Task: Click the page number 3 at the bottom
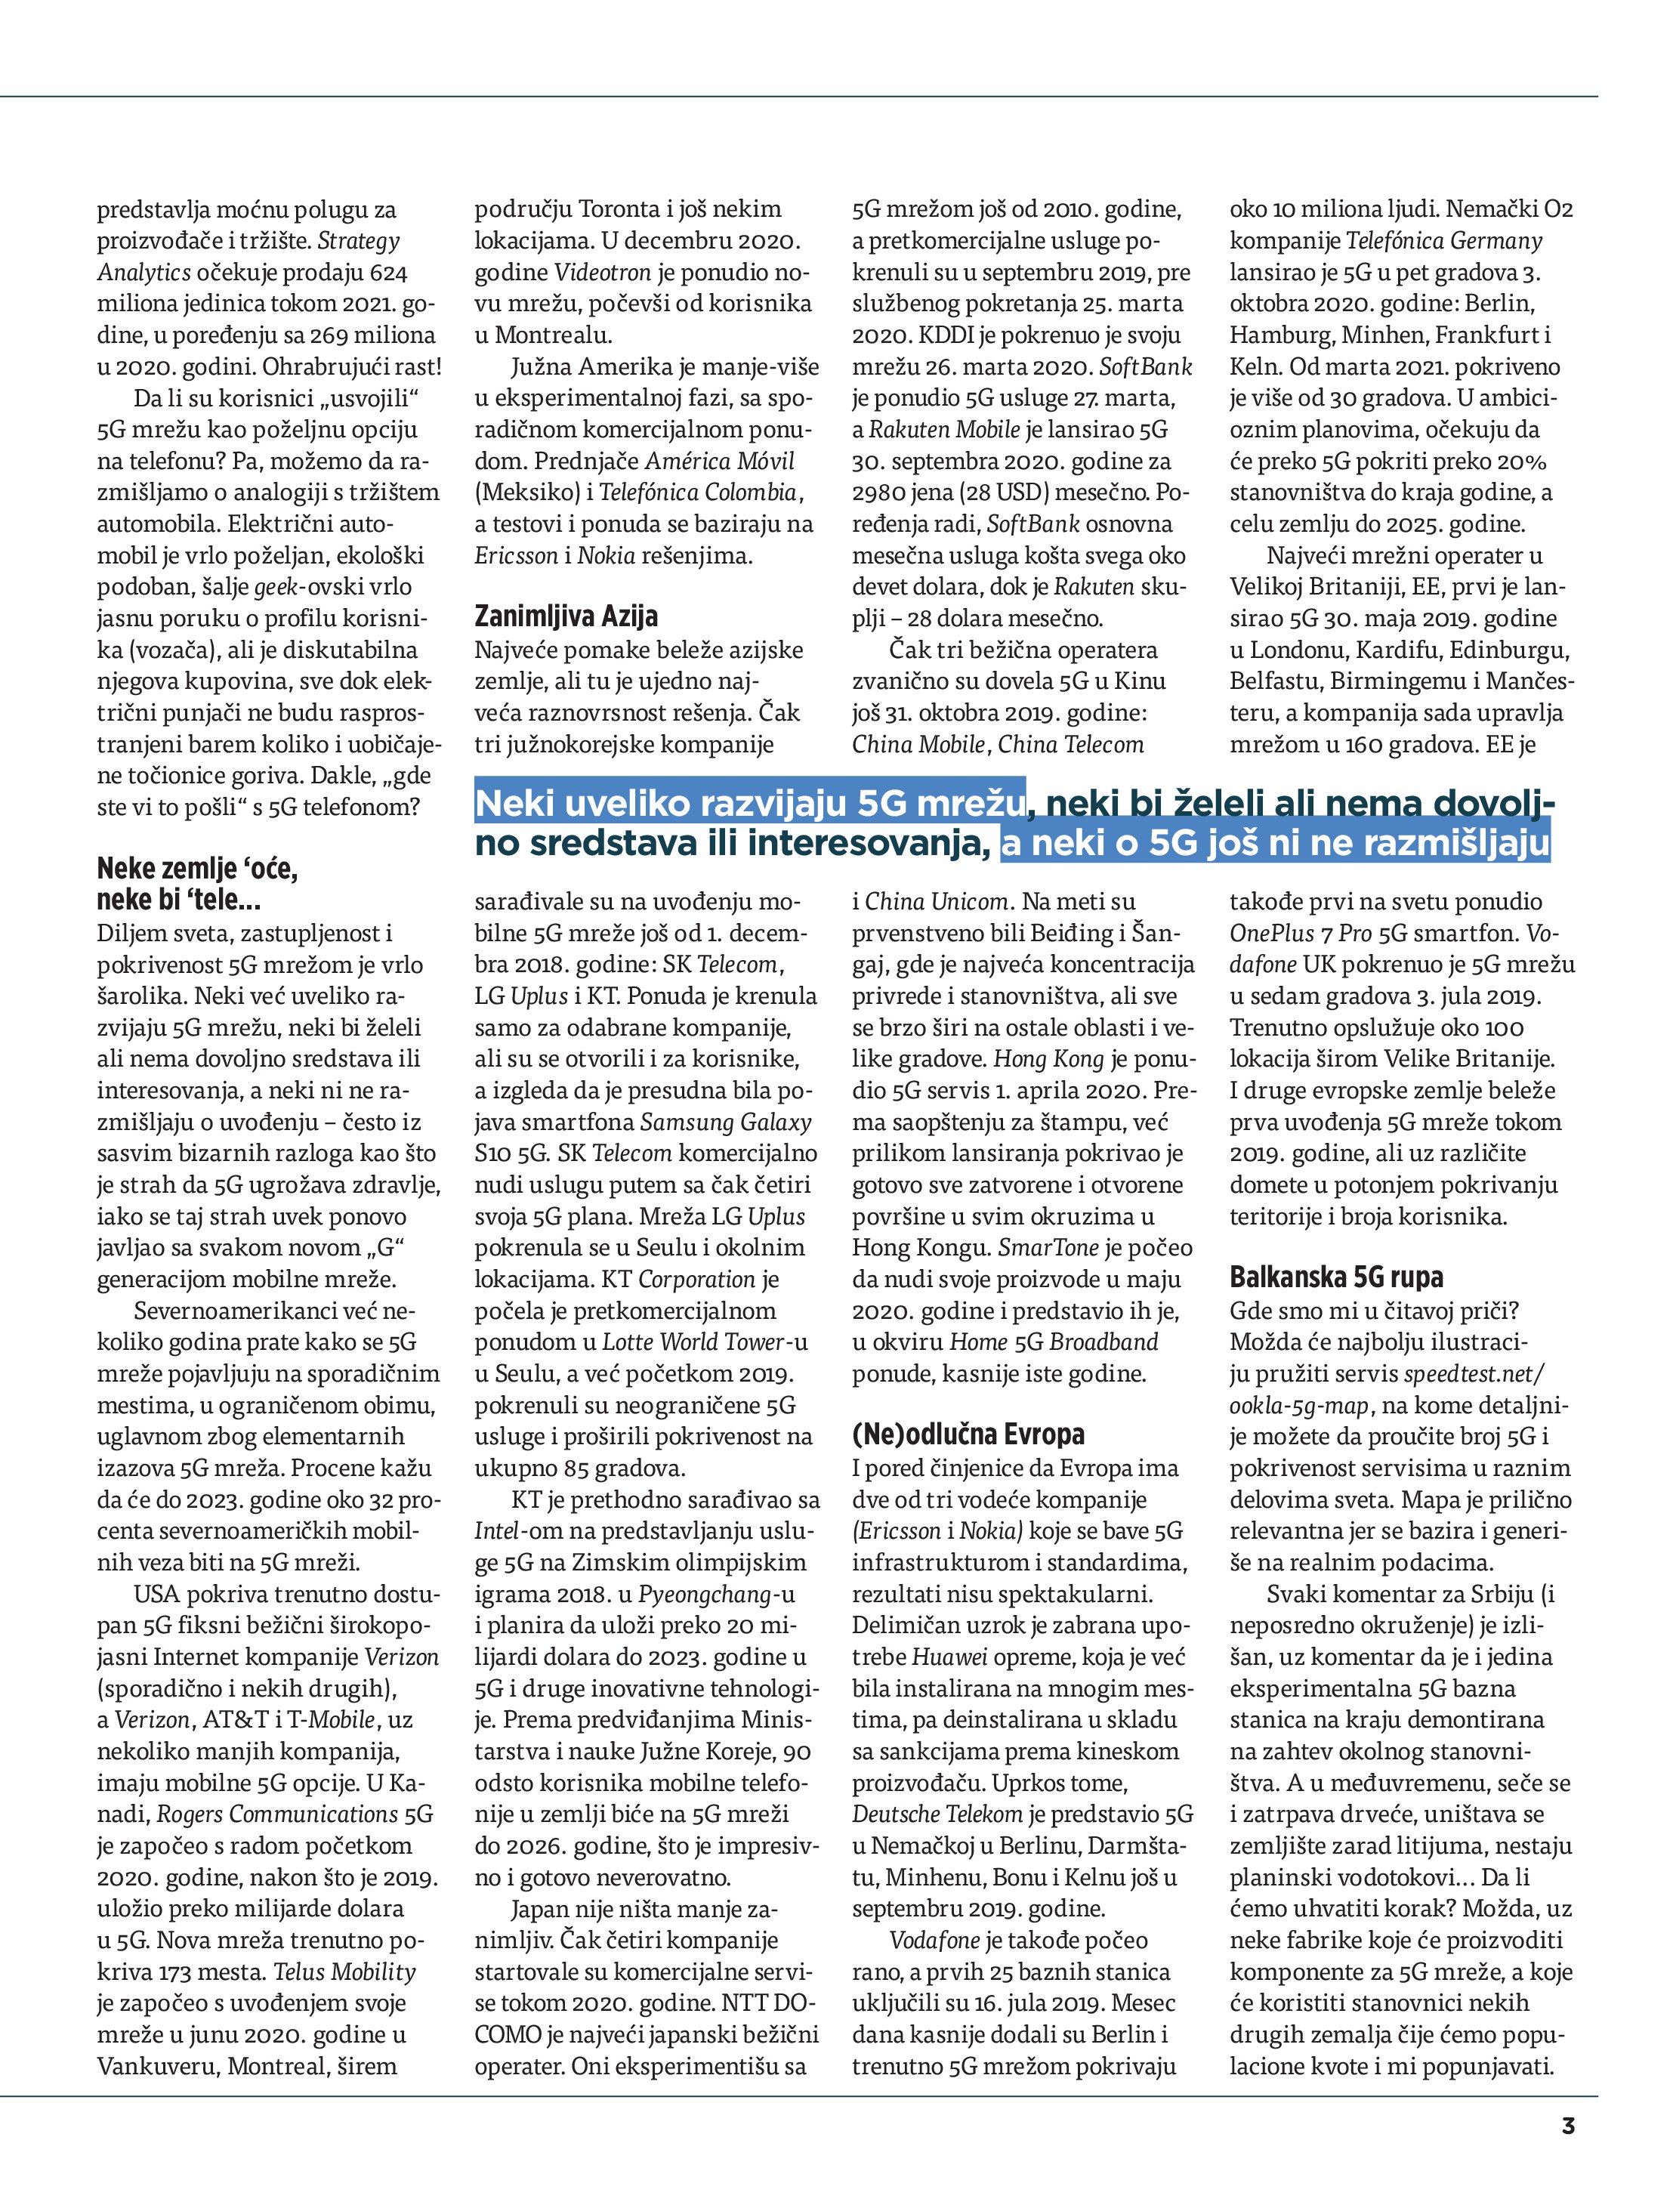[1567, 2125]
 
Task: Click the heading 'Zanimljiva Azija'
[565, 616]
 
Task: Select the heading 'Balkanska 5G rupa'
[1335, 1277]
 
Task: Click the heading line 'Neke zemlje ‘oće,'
[196, 869]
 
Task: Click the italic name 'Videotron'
[602, 273]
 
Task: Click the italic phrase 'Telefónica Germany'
[1443, 242]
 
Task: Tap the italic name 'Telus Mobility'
[344, 1972]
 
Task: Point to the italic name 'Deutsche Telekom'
[937, 1814]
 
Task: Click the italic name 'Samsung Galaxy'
[726, 1122]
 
